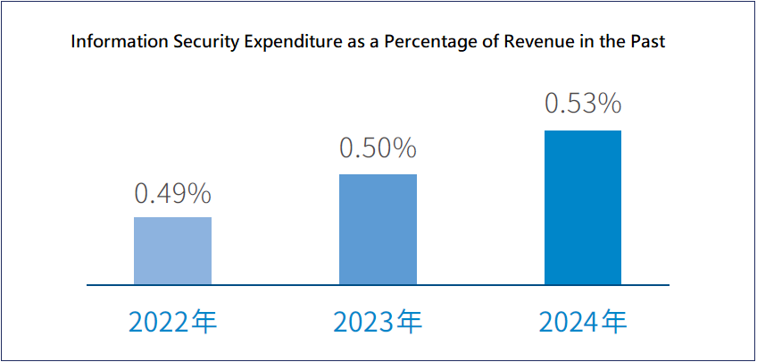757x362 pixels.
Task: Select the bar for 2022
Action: (172, 250)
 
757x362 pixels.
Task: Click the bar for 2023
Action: (378, 229)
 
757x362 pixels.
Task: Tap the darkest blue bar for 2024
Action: (583, 207)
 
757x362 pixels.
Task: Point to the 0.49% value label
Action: (172, 192)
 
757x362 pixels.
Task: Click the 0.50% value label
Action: (378, 148)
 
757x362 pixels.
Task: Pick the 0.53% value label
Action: (583, 105)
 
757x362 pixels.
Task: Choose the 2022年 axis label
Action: (172, 322)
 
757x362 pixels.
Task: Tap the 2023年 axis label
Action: (378, 322)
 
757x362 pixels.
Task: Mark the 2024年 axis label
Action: (583, 322)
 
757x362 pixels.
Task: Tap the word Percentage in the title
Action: (425, 42)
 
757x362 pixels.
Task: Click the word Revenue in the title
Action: (528, 42)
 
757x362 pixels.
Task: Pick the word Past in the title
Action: (648, 42)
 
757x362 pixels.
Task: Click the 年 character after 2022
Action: (204, 322)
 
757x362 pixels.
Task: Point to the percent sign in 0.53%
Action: (610, 105)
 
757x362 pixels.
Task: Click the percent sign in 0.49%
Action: (199, 192)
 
